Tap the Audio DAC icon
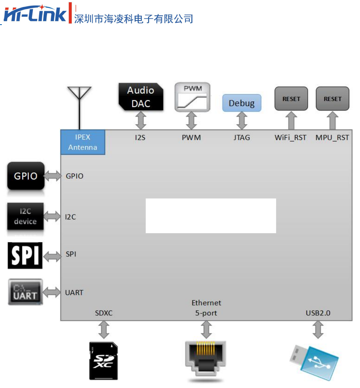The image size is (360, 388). coord(141,97)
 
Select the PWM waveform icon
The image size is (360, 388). coord(192,97)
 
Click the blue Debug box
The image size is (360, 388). coord(242,103)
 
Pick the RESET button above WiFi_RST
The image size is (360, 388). coord(291,99)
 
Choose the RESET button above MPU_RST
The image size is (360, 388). coord(332,99)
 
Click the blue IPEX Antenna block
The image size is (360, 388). coord(83,142)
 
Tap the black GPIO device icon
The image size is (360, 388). coord(26,176)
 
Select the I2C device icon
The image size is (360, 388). coord(25,216)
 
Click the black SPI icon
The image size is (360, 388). coord(25,256)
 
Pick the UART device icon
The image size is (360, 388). coord(26,293)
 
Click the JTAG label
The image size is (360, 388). coord(241,138)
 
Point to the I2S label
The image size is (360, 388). coord(140,138)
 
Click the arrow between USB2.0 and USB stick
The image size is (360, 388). coord(318,330)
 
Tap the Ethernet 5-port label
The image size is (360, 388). coord(206,308)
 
